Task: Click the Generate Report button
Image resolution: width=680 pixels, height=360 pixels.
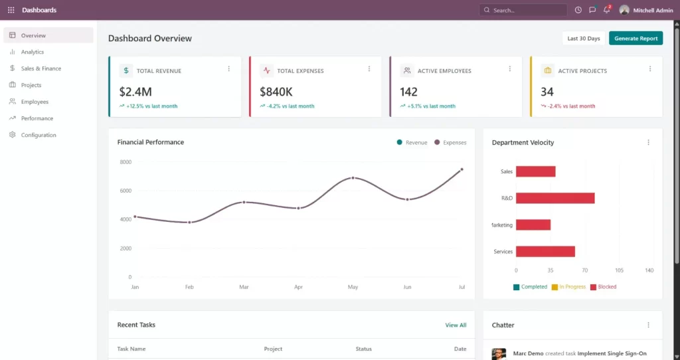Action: pos(636,39)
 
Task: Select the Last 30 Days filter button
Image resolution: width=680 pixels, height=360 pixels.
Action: pos(583,39)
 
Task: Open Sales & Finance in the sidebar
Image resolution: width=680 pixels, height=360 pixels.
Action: pos(41,68)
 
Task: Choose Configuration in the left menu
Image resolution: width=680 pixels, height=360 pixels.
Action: pos(39,135)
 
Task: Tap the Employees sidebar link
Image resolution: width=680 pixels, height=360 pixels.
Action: pos(35,102)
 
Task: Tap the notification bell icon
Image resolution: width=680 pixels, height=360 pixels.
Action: pos(606,10)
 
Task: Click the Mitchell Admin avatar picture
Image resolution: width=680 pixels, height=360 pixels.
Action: pos(624,10)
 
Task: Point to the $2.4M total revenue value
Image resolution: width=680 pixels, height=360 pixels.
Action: pos(135,92)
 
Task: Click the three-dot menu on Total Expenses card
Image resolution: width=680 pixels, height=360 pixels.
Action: pos(369,68)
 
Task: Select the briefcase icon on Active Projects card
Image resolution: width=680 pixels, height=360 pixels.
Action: pos(547,70)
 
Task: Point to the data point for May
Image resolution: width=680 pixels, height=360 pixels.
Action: pos(353,178)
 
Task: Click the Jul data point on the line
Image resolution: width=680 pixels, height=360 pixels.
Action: pos(462,169)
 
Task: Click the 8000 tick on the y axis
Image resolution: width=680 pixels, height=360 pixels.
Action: pos(126,162)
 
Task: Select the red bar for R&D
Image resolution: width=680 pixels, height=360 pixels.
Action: pos(554,198)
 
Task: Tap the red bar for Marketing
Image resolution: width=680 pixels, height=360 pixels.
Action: pos(533,225)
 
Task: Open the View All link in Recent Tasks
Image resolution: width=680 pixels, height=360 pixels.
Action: pos(456,325)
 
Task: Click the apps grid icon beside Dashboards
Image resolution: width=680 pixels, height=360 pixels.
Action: pos(11,10)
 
